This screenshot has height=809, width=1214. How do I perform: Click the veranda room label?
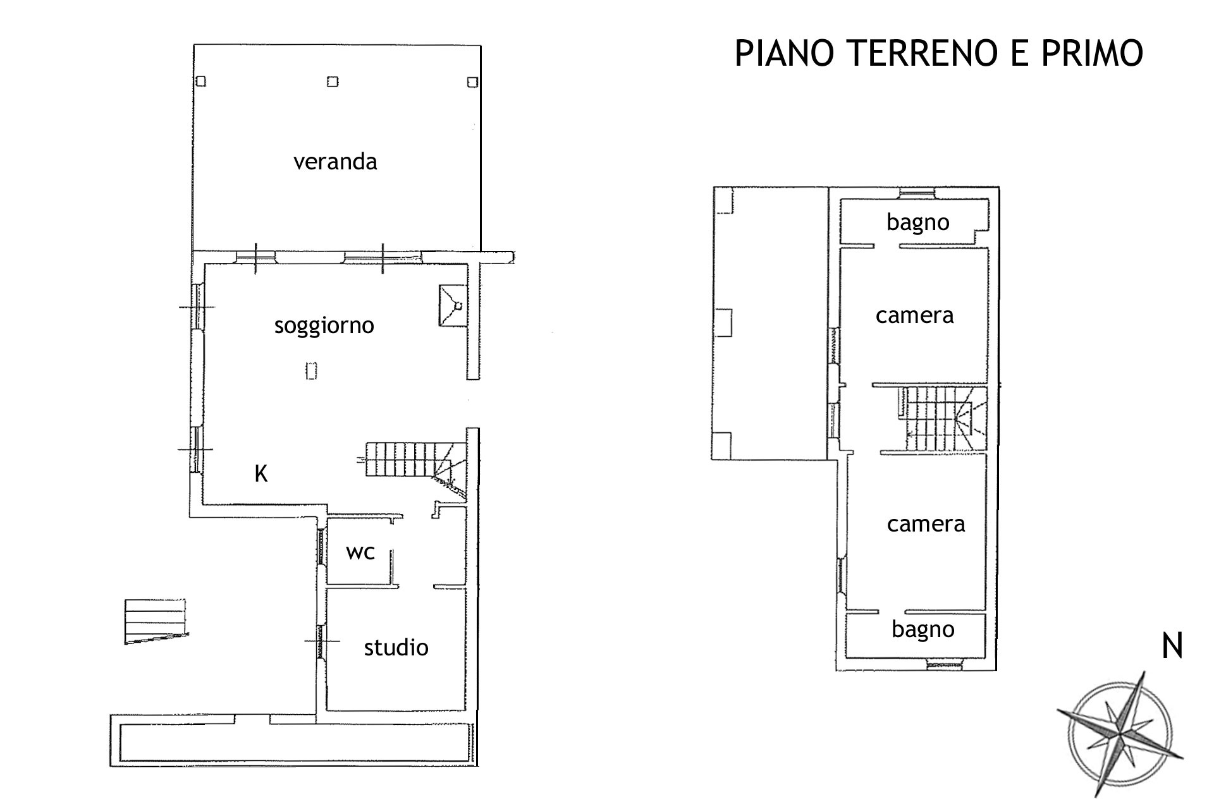pyautogui.click(x=335, y=162)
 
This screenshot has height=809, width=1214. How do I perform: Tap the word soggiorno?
pyautogui.click(x=324, y=326)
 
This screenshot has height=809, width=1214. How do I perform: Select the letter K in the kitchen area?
pyautogui.click(x=261, y=473)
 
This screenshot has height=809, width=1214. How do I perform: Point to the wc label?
pyautogui.click(x=360, y=552)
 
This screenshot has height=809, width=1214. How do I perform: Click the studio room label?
pyautogui.click(x=396, y=647)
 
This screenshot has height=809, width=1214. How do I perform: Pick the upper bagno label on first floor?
pyautogui.click(x=918, y=223)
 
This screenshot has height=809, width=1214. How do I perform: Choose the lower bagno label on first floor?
pyautogui.click(x=923, y=630)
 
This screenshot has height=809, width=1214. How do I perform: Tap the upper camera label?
pyautogui.click(x=914, y=315)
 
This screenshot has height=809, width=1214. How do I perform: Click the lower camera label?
pyautogui.click(x=926, y=524)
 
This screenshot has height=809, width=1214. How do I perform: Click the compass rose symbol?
pyautogui.click(x=1120, y=735)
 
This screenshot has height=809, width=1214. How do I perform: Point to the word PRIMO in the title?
pyautogui.click(x=1093, y=53)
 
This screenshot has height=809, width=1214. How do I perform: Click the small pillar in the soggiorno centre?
pyautogui.click(x=310, y=370)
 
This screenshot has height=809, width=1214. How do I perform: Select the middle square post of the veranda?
pyautogui.click(x=333, y=82)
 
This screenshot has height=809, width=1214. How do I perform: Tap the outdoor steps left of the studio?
pyautogui.click(x=156, y=622)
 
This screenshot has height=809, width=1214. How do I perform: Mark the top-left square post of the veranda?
pyautogui.click(x=200, y=82)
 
